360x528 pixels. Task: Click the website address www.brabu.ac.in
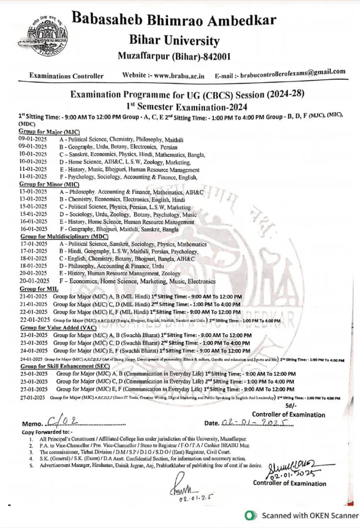coord(179,75)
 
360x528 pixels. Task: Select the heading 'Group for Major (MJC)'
coord(49,132)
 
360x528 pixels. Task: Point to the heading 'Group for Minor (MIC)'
coord(49,184)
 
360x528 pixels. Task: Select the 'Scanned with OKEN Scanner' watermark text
coord(309,515)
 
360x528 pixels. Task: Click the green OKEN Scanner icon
coord(251,515)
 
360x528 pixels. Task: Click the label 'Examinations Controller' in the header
coord(66,76)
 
